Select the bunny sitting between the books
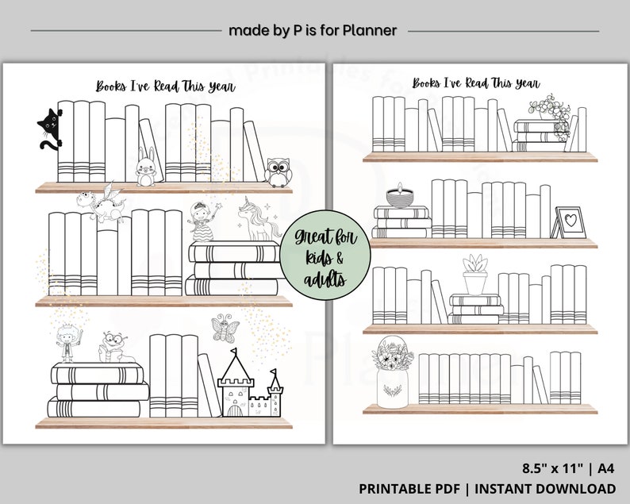(x=145, y=167)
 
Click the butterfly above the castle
(x=225, y=327)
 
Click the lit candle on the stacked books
(x=396, y=196)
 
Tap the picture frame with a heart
(x=570, y=221)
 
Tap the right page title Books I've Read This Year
(x=476, y=83)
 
